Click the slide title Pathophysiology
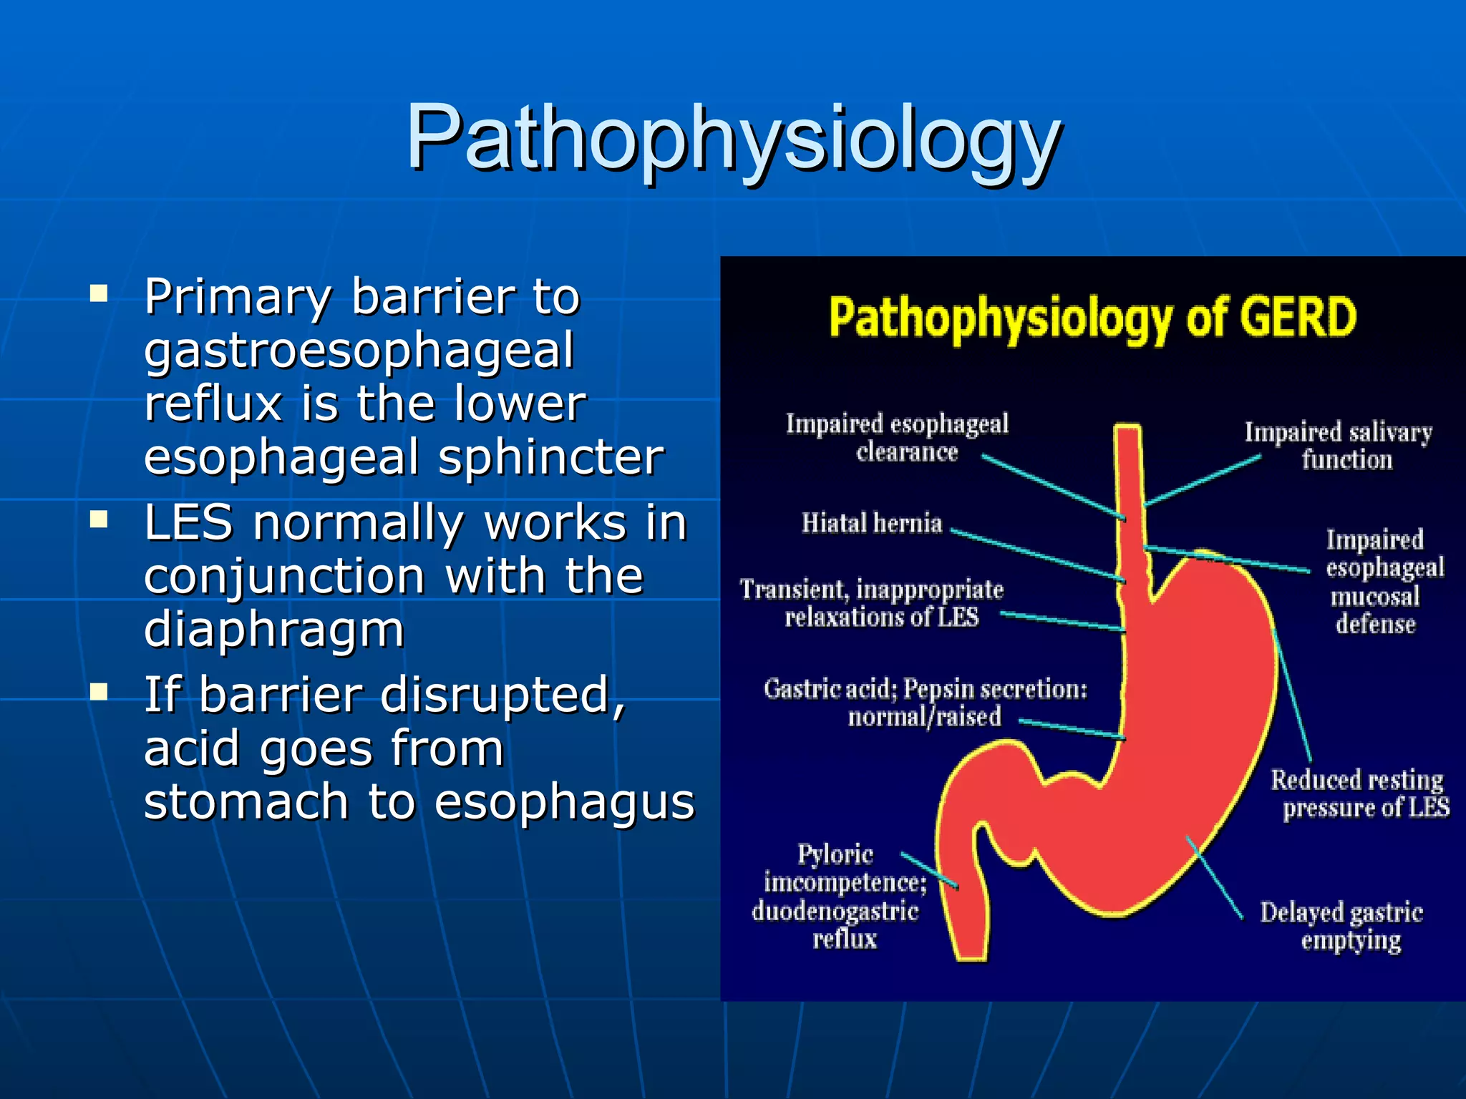pyautogui.click(x=733, y=138)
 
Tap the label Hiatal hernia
pyautogui.click(x=871, y=523)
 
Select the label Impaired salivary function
pyautogui.click(x=1339, y=446)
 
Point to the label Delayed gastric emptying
pyautogui.click(x=1341, y=926)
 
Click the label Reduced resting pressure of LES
pyautogui.click(x=1359, y=793)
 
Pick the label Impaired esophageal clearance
pyautogui.click(x=898, y=437)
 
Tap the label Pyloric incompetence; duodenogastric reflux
pyautogui.click(x=839, y=896)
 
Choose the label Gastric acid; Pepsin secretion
pyautogui.click(x=925, y=702)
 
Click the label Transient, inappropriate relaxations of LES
pyautogui.click(x=872, y=602)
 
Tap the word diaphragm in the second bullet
pyautogui.click(x=274, y=630)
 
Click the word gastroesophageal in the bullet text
pyautogui.click(x=359, y=351)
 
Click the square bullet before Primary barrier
pyautogui.click(x=99, y=294)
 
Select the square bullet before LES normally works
pyautogui.click(x=99, y=519)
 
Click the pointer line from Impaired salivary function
pyautogui.click(x=1203, y=481)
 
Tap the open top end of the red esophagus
pyautogui.click(x=1128, y=429)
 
